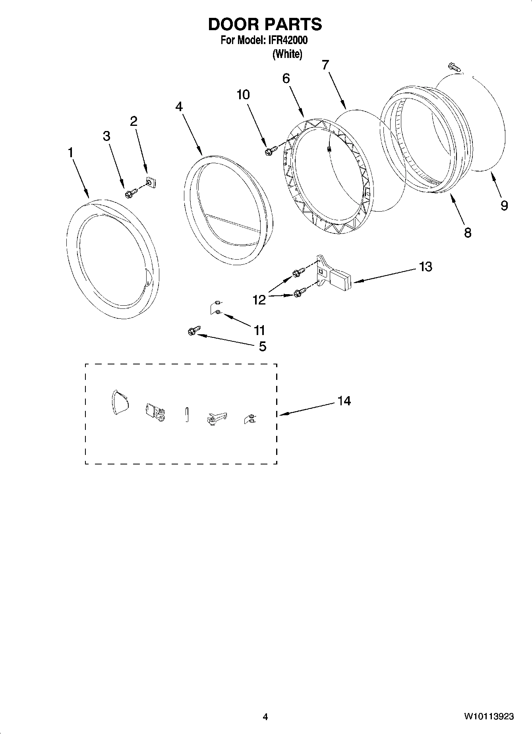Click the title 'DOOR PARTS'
265,25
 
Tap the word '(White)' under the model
287,54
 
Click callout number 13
425,266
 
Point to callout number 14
344,401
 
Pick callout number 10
243,94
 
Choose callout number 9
504,205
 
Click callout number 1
71,152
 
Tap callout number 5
262,347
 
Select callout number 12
259,300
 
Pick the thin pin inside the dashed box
187,414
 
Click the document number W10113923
488,716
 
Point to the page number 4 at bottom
265,717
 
